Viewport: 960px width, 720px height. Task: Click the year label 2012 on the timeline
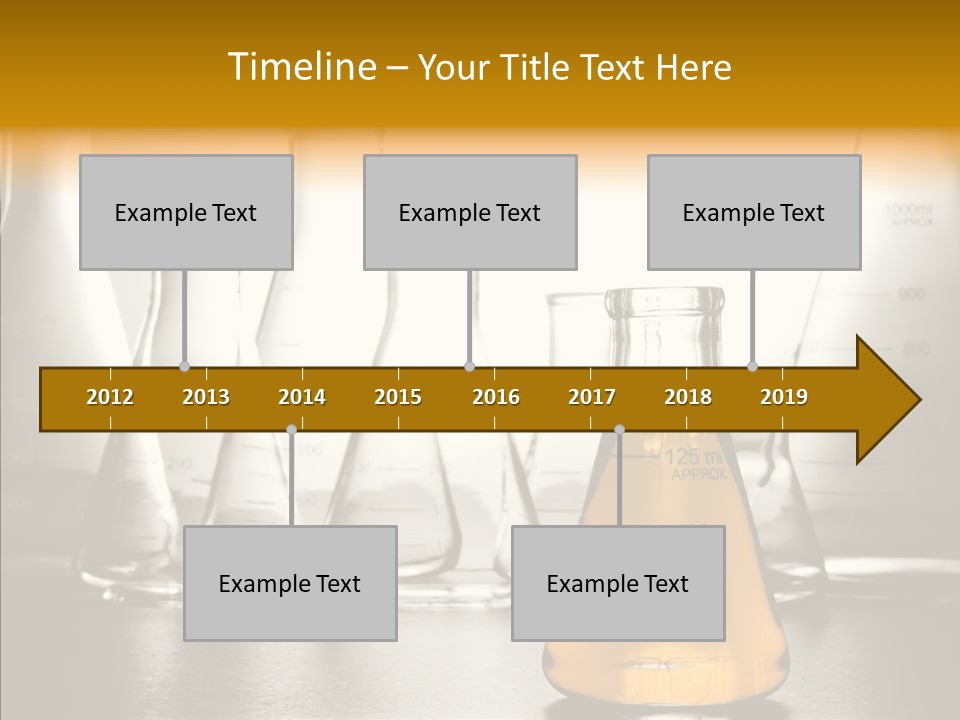click(x=110, y=397)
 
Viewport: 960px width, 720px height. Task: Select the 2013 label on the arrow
click(x=206, y=397)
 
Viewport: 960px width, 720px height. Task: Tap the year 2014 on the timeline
click(x=302, y=397)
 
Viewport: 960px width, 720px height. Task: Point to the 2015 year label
click(x=398, y=397)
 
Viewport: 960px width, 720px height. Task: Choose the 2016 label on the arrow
click(x=496, y=397)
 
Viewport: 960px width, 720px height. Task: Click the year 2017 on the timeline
click(x=592, y=397)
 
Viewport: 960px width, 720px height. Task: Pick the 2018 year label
click(x=688, y=397)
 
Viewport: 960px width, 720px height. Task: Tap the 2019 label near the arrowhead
click(x=784, y=397)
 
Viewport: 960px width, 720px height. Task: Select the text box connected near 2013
click(x=186, y=213)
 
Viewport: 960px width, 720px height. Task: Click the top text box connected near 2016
click(x=470, y=213)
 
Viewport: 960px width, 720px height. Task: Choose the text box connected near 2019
click(x=754, y=213)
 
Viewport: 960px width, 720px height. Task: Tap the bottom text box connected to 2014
click(x=290, y=583)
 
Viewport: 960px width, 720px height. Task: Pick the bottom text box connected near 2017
click(x=618, y=583)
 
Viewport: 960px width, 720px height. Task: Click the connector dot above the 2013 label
click(x=184, y=366)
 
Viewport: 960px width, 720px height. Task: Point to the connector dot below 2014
click(x=291, y=429)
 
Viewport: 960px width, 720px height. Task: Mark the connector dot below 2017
click(x=619, y=429)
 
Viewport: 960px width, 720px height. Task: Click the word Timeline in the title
click(x=300, y=67)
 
